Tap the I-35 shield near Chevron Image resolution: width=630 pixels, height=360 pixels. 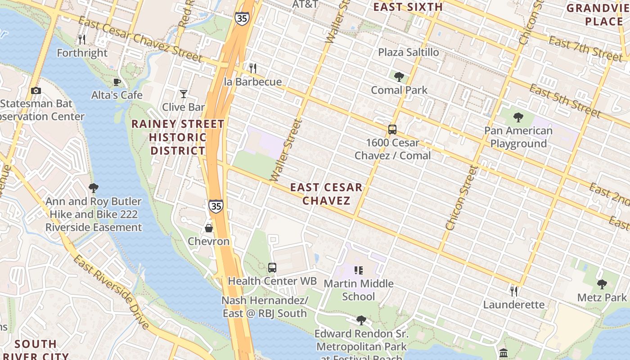coord(216,206)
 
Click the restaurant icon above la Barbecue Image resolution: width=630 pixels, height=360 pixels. coord(253,68)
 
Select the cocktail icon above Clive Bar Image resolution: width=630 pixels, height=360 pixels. coord(183,94)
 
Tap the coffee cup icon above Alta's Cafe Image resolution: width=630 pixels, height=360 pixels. coord(117,82)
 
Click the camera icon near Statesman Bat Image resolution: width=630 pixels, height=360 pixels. coord(36,91)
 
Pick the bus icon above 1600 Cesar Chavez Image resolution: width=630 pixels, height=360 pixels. coord(392,130)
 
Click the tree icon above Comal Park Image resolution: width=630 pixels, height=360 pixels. coord(399,77)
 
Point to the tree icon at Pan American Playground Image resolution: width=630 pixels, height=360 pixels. coord(518,118)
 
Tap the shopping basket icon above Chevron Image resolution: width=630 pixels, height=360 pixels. coord(209,228)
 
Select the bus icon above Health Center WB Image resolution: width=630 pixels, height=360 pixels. coord(272,268)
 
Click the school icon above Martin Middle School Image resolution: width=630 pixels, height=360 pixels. coord(359,270)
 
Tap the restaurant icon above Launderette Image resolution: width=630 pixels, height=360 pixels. coord(514,292)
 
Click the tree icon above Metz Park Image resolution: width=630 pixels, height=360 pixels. coord(602,284)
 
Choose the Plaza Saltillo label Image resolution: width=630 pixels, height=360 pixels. coord(408,53)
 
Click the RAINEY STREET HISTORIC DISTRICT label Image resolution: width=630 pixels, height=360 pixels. coord(178,137)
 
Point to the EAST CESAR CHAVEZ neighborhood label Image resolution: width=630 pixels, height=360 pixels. coord(326,194)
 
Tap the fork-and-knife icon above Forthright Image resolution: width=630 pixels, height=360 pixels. coord(82,40)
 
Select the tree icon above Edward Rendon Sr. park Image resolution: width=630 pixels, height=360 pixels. coord(361,320)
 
